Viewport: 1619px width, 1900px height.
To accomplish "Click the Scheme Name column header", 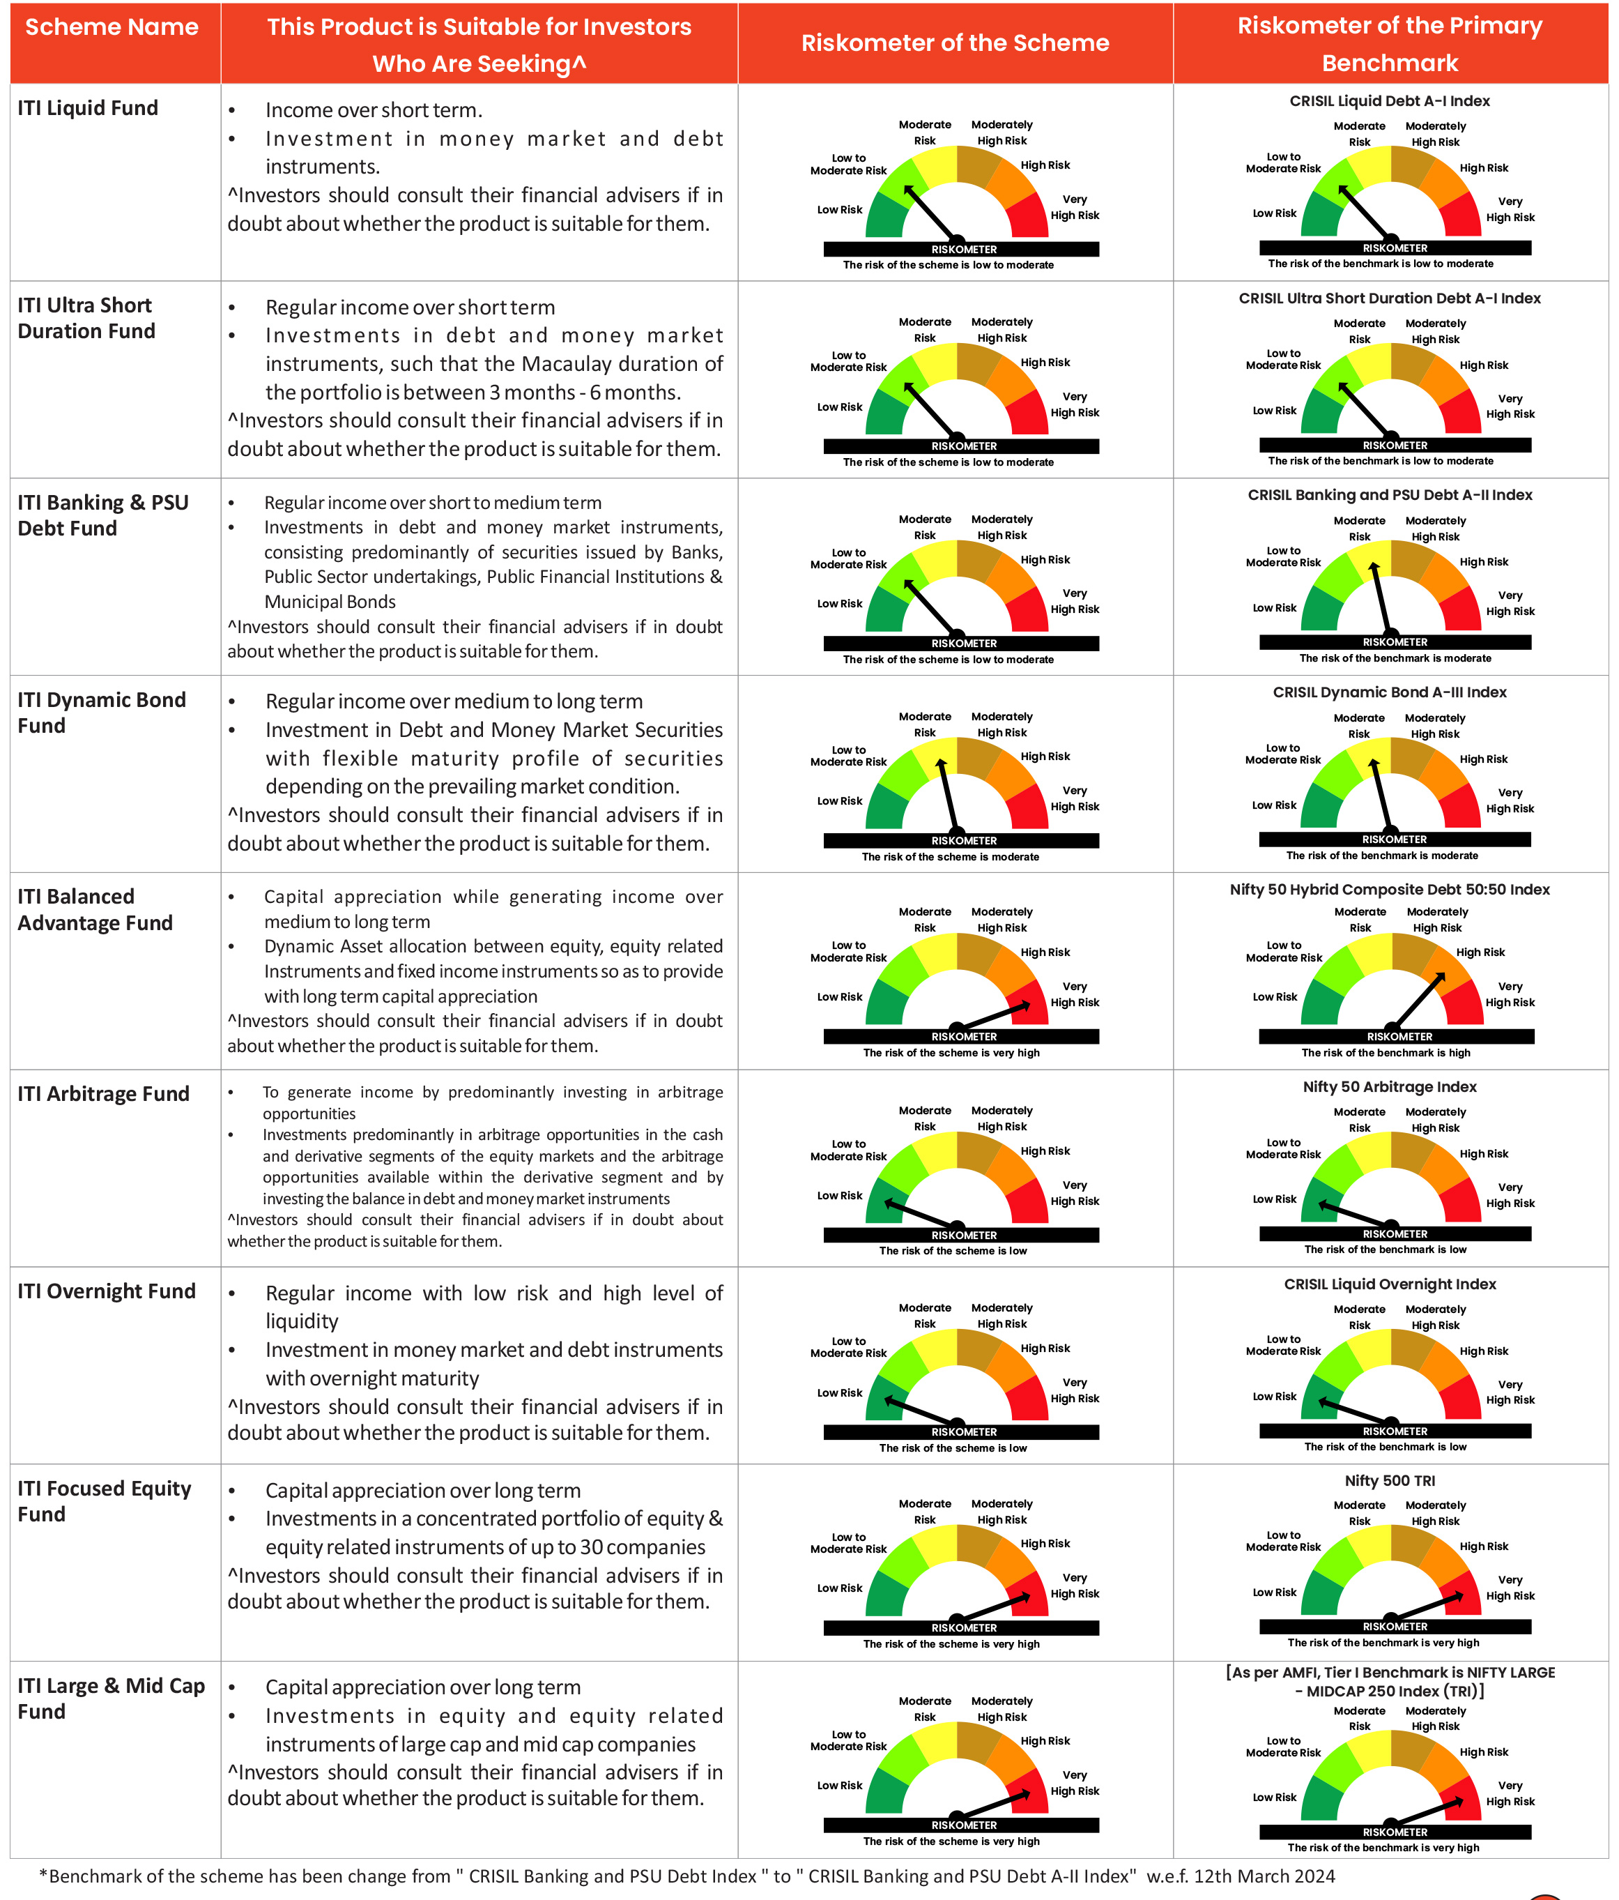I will [x=111, y=27].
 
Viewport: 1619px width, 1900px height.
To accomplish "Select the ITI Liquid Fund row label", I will [x=88, y=108].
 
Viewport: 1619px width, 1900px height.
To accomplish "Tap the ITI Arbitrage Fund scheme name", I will [x=104, y=1094].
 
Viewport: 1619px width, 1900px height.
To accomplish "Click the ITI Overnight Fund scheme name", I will [x=107, y=1291].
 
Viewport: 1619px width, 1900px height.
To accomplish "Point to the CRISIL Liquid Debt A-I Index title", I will [x=1389, y=101].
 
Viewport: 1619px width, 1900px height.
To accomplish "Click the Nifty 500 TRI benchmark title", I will [x=1390, y=1481].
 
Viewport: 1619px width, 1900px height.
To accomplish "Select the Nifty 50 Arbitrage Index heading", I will [x=1390, y=1086].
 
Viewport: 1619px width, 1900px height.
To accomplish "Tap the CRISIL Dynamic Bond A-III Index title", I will [x=1390, y=692].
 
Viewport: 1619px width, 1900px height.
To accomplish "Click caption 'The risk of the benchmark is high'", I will [x=1386, y=1053].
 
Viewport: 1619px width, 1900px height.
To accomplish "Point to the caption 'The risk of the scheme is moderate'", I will [x=950, y=856].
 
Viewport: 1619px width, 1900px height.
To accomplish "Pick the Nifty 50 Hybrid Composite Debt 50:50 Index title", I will [x=1390, y=890].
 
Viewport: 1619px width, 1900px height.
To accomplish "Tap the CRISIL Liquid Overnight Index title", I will [x=1390, y=1284].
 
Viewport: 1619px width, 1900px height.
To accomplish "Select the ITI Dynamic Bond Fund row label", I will [x=102, y=713].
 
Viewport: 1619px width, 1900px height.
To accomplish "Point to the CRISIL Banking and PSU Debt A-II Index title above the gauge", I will [x=1390, y=495].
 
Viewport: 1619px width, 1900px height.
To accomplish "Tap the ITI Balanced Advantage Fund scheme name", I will [x=95, y=910].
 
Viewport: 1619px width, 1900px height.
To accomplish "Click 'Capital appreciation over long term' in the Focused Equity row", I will [x=422, y=1490].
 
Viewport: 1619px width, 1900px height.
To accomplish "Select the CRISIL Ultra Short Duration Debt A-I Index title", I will [x=1389, y=298].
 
